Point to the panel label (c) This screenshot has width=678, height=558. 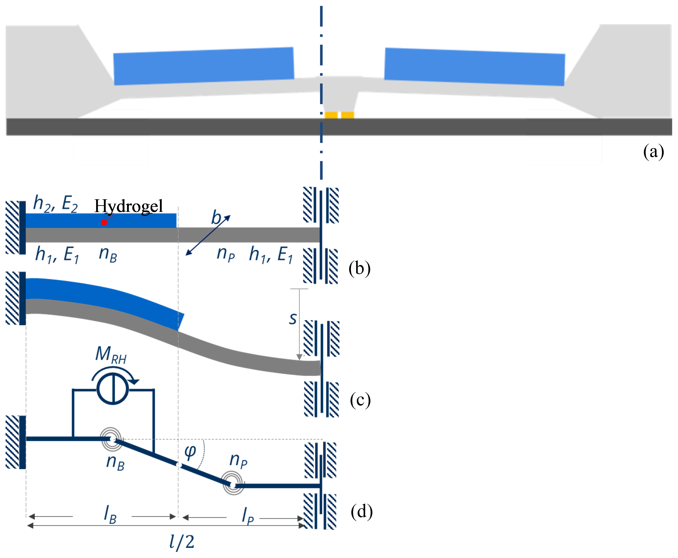[360, 401]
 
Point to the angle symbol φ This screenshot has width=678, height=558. [190, 452]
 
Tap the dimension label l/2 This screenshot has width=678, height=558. [181, 542]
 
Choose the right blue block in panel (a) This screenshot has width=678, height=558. [475, 67]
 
